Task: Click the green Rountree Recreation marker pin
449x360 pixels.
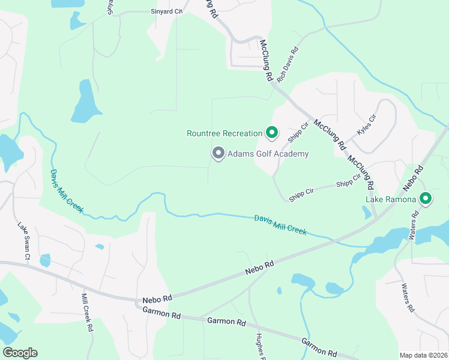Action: tap(272, 132)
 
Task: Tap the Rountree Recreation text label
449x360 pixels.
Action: tap(224, 133)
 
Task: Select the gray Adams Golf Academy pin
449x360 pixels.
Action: tap(218, 154)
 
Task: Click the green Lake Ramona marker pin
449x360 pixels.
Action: tap(426, 197)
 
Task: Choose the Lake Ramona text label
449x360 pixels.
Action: tap(391, 199)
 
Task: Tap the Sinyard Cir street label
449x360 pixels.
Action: tap(166, 11)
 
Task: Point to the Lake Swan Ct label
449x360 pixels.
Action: tap(23, 241)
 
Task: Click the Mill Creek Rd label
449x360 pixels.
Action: tap(87, 312)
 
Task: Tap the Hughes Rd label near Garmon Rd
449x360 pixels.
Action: tap(259, 346)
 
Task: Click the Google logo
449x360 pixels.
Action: tap(20, 353)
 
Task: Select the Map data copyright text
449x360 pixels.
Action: tap(423, 355)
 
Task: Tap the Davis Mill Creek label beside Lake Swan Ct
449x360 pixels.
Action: tap(67, 191)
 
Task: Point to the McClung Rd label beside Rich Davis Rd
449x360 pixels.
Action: tap(266, 61)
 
